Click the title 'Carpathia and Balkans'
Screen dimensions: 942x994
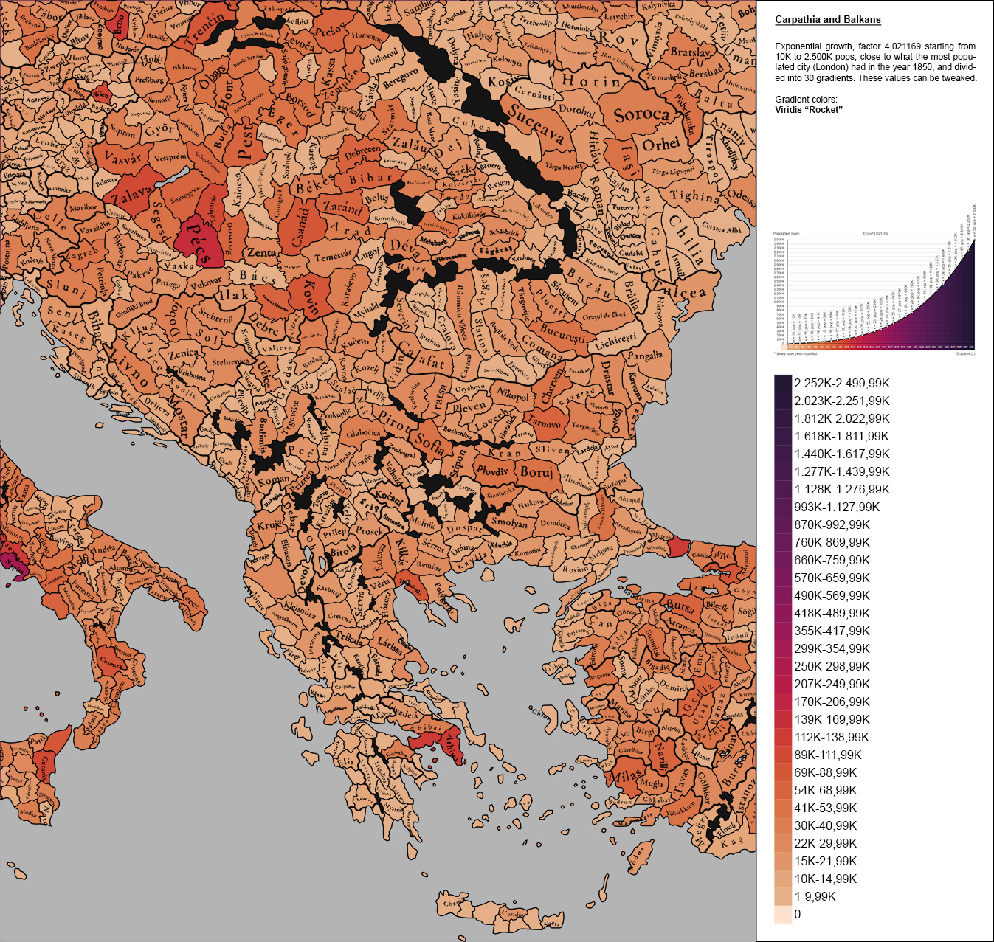827,20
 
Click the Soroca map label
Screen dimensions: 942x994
641,114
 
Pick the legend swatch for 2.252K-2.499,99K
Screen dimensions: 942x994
782,383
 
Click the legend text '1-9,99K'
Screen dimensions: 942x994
815,896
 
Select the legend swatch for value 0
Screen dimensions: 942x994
782,914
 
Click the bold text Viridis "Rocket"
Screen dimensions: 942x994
809,110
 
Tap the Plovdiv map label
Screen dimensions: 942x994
492,471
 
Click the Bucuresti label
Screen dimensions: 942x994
562,333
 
